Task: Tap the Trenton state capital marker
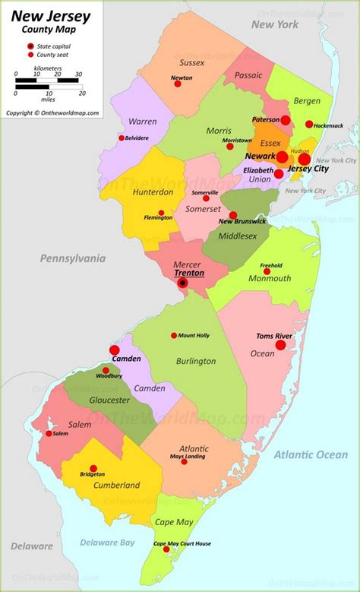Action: coord(182,283)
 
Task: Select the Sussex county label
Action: coord(193,62)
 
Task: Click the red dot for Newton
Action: coord(178,84)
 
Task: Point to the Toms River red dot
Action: coord(280,345)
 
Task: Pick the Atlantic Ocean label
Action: coord(311,454)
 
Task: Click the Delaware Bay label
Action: coord(107,542)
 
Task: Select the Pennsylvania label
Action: coord(72,258)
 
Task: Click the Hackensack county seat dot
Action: coord(309,124)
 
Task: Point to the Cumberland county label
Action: coord(116,485)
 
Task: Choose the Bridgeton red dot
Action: coord(93,469)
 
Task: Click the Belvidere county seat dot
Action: coord(121,138)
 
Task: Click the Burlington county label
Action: coord(195,361)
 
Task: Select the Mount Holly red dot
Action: coord(174,335)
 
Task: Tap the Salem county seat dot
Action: coord(49,433)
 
